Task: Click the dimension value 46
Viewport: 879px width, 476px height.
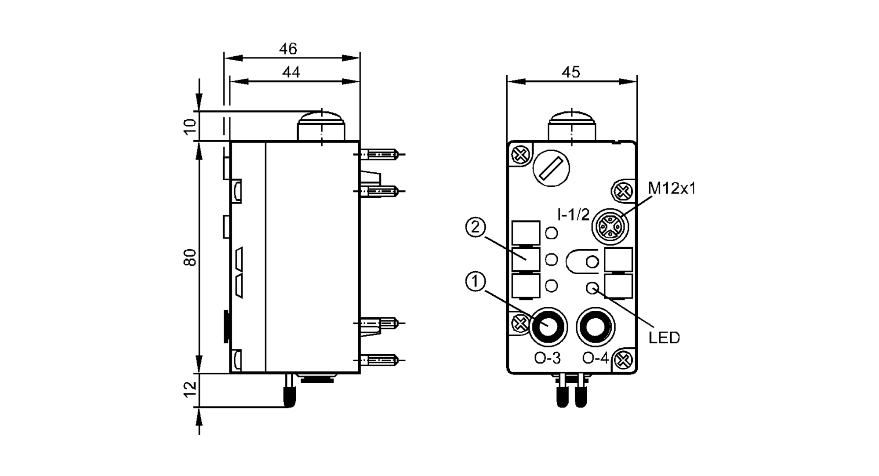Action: coord(288,49)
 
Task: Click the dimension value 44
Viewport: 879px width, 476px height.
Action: coord(291,72)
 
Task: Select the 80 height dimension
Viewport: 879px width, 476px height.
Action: coord(190,257)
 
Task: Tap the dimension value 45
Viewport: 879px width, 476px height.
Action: coord(570,72)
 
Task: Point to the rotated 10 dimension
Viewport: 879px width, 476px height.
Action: coord(190,127)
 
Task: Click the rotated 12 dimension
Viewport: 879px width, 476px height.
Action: coord(190,389)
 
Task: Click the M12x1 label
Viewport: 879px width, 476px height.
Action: coord(672,189)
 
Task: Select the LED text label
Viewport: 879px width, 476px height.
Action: coord(664,338)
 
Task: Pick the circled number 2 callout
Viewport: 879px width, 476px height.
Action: coord(475,228)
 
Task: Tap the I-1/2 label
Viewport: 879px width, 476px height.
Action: coord(573,214)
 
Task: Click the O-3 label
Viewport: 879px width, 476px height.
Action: coord(547,358)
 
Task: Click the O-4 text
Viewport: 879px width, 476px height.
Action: coord(596,358)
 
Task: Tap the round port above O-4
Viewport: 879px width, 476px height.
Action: coord(596,327)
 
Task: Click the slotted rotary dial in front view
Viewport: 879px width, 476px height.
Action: coord(551,168)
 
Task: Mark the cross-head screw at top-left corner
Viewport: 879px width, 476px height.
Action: coord(520,155)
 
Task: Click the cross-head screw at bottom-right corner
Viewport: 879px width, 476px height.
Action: coord(623,361)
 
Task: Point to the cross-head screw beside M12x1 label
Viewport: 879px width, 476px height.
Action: coord(622,192)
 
